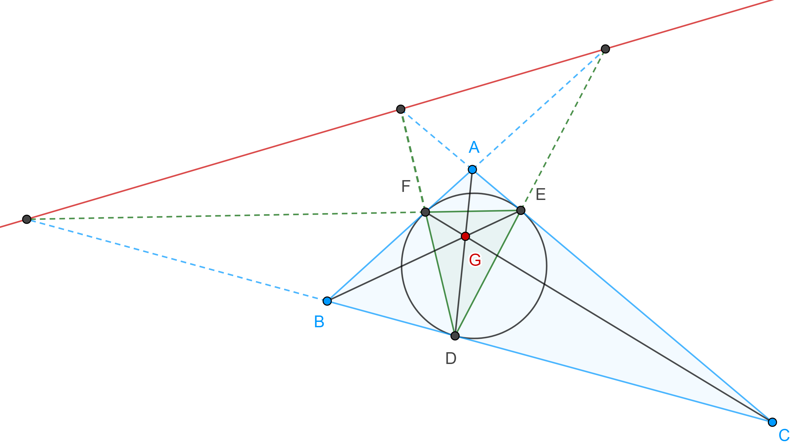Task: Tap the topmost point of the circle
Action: [x=474, y=194]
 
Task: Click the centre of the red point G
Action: [x=465, y=236]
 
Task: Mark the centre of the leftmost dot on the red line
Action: [x=27, y=220]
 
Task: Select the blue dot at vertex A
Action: [x=472, y=169]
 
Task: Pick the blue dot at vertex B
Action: [x=327, y=301]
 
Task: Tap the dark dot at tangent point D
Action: [x=455, y=336]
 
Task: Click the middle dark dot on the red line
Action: [x=401, y=109]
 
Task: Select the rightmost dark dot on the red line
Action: [x=605, y=49]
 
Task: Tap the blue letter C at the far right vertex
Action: [x=784, y=435]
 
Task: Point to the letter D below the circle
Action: [x=451, y=358]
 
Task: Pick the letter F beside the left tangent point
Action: [x=406, y=186]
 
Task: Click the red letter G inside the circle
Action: [x=475, y=260]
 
